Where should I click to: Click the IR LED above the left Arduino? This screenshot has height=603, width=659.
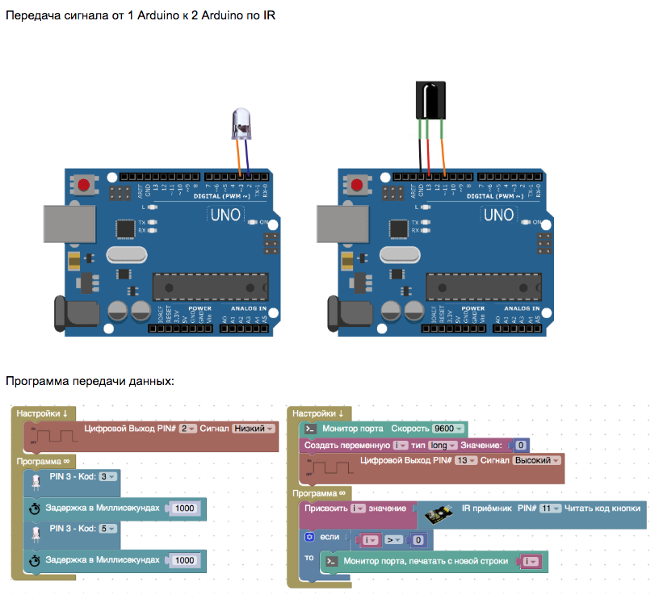click(241, 122)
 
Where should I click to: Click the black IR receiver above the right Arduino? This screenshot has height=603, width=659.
click(430, 101)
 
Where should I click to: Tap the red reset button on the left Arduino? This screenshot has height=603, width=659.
click(84, 186)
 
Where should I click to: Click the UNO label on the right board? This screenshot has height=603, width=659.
click(497, 215)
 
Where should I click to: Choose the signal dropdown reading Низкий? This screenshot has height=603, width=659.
click(254, 429)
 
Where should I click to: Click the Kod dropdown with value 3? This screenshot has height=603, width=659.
click(107, 477)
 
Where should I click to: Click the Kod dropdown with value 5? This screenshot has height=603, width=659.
click(107, 529)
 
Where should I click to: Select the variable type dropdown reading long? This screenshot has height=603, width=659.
click(442, 445)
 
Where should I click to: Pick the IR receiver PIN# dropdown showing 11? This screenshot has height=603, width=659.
click(550, 509)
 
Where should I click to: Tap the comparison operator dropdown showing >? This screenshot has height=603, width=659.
click(392, 539)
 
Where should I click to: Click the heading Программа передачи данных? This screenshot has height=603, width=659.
click(90, 380)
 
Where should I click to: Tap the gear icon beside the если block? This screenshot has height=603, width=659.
click(309, 536)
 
